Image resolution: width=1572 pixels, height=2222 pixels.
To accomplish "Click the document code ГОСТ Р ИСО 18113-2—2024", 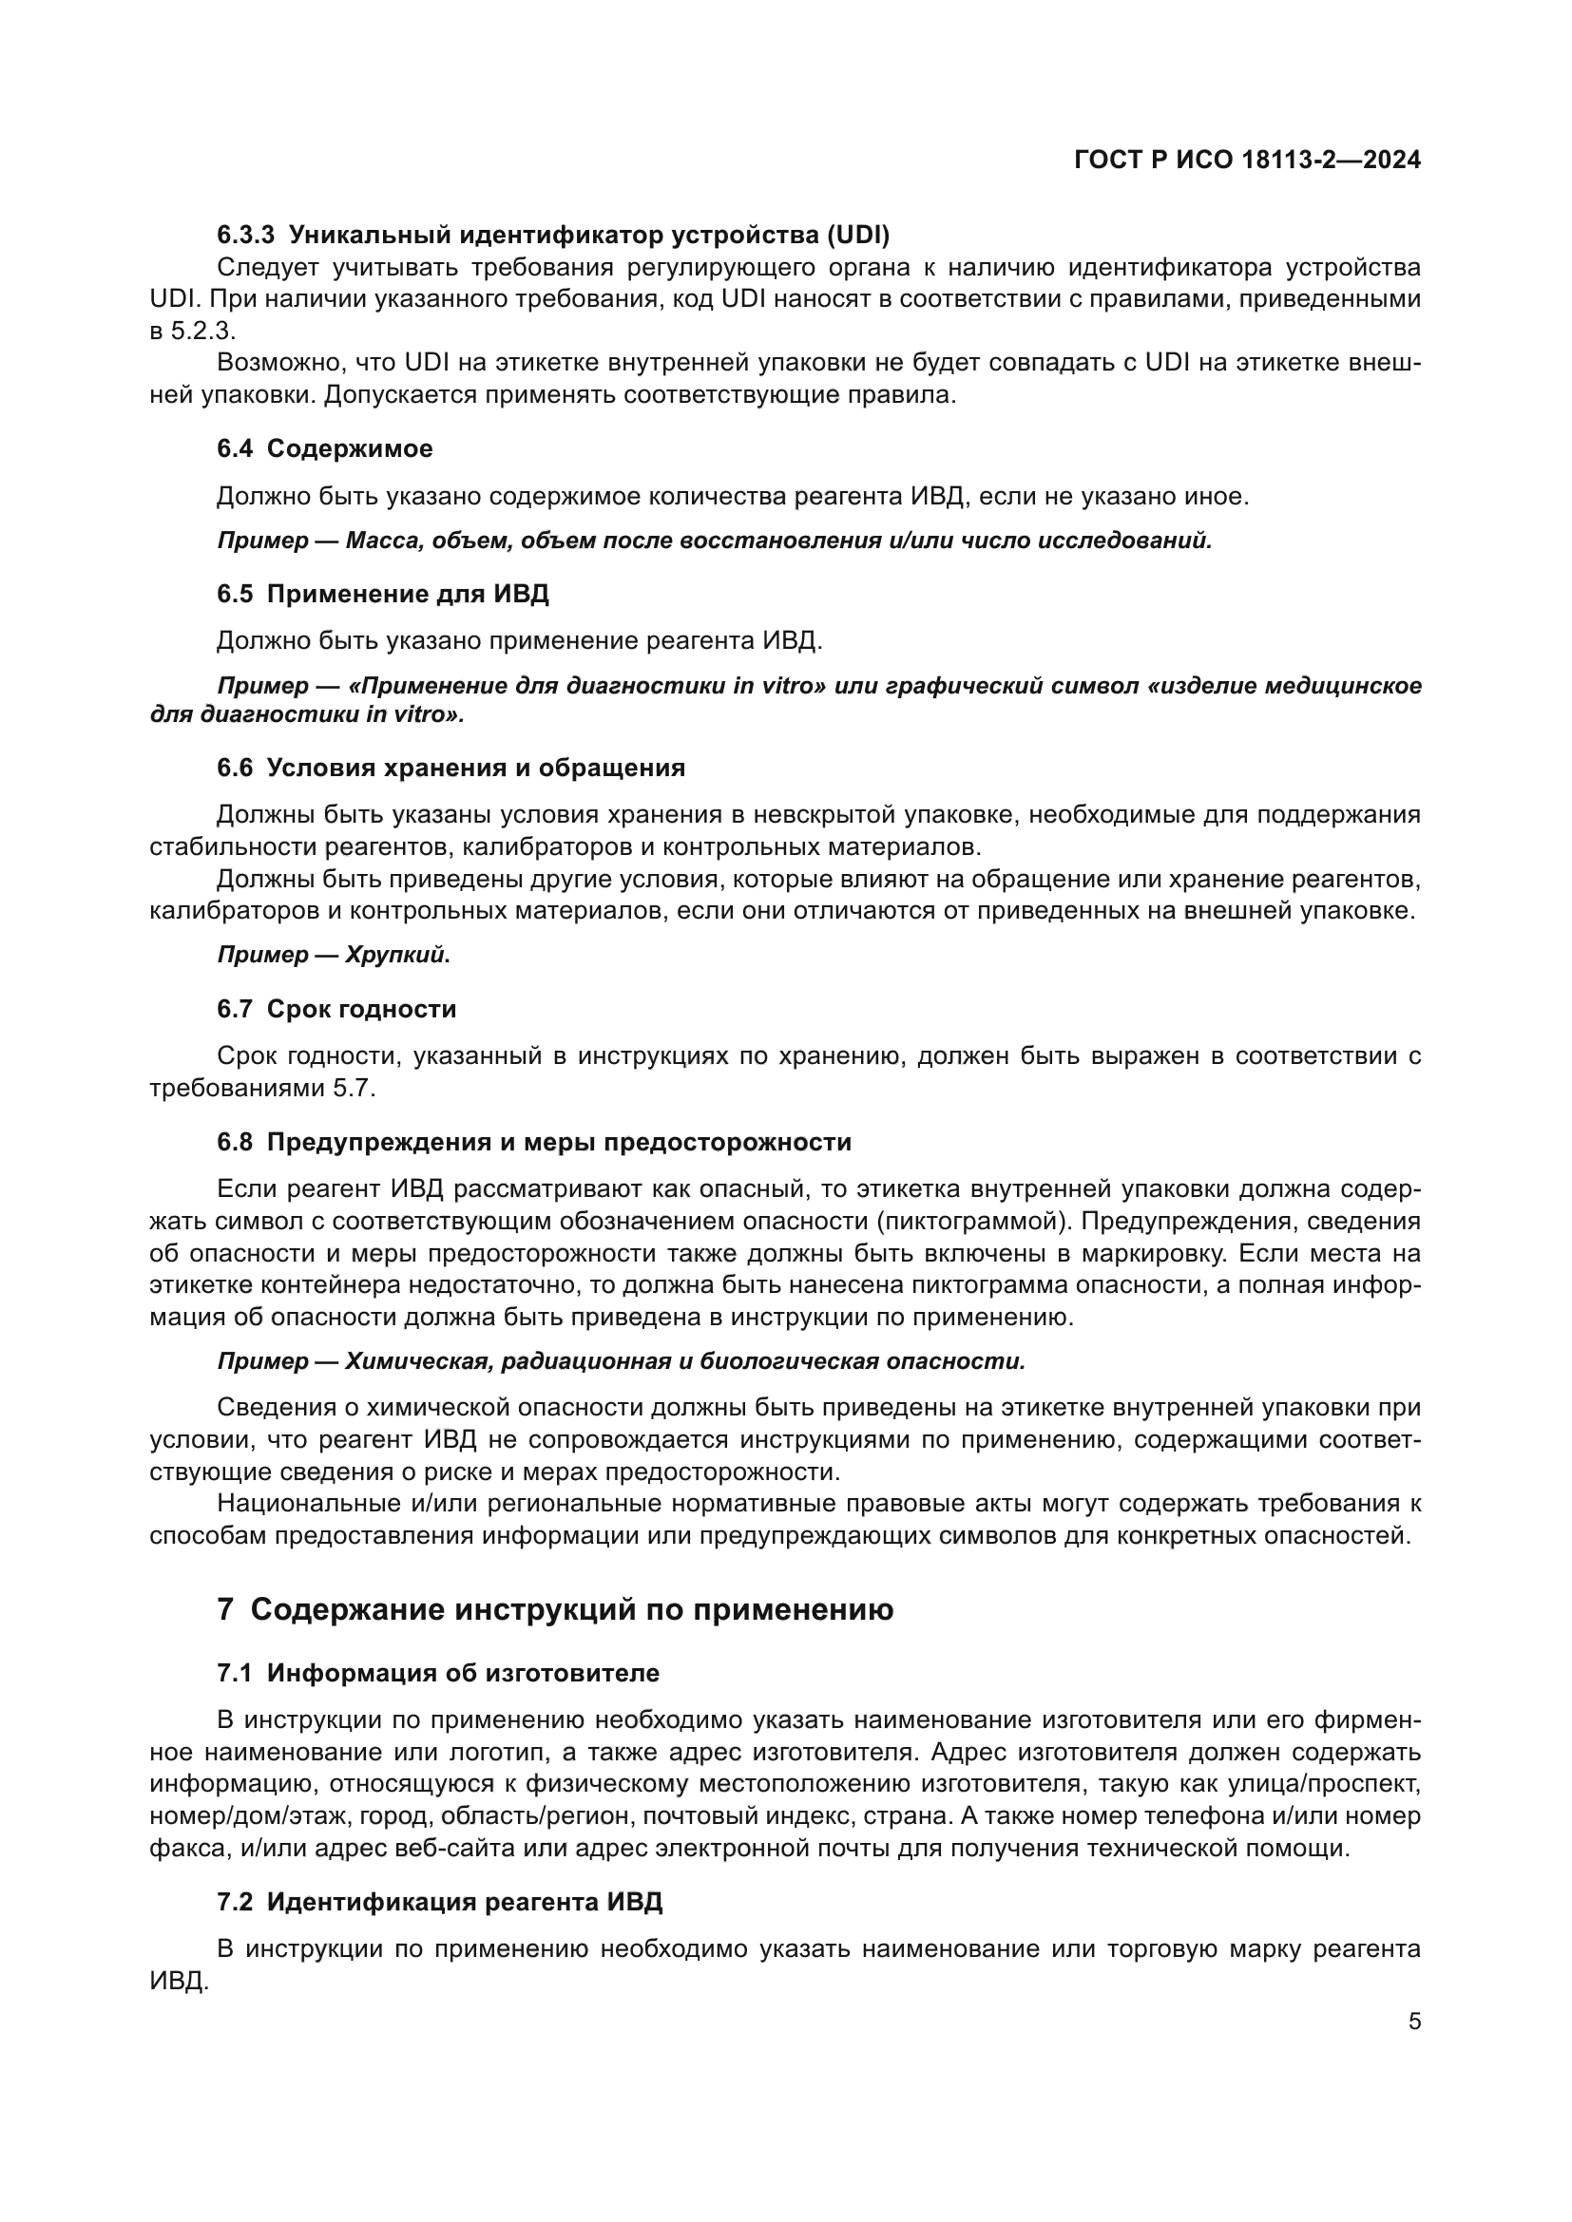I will (x=1247, y=161).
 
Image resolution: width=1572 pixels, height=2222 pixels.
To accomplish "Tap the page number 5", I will (x=1414, y=2021).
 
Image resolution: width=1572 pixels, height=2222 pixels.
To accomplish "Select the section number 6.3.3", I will (x=246, y=236).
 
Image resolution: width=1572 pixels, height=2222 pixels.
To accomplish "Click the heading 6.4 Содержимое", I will (x=324, y=449).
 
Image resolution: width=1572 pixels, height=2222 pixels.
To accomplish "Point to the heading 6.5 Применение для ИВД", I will (x=382, y=594).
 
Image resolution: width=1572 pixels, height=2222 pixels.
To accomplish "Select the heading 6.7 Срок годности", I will (x=335, y=1010).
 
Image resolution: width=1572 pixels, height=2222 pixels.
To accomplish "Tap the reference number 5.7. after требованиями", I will (x=354, y=1089).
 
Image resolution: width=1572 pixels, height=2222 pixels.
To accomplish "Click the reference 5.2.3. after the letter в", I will (x=203, y=331).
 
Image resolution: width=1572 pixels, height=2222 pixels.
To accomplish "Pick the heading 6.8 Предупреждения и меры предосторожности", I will (x=533, y=1143).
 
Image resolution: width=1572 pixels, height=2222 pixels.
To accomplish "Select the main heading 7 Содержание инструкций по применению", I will (x=555, y=1609).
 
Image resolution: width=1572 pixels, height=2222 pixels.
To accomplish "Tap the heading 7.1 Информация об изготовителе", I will (x=437, y=1673).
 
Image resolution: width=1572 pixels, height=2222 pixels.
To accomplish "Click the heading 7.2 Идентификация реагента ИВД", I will (x=439, y=1902).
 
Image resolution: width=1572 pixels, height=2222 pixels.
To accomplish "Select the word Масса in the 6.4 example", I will (x=380, y=541).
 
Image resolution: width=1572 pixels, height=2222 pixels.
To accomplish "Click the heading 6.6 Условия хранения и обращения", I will (x=451, y=769).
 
